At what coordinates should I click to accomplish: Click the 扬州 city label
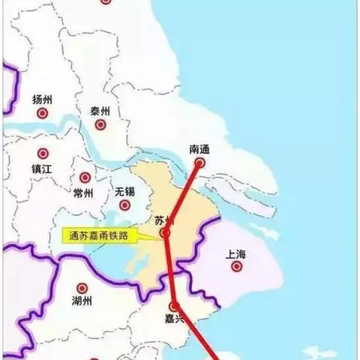pyautogui.click(x=43, y=99)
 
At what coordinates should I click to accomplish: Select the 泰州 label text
pyautogui.click(x=100, y=110)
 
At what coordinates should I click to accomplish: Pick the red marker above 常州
pyautogui.click(x=85, y=178)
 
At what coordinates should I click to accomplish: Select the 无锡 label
pyautogui.click(x=124, y=192)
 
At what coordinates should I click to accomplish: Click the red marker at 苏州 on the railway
pyautogui.click(x=165, y=234)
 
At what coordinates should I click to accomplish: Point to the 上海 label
pyautogui.click(x=235, y=254)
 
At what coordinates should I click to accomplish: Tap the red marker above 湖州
pyautogui.click(x=82, y=287)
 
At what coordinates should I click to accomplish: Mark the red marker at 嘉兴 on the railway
pyautogui.click(x=174, y=307)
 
